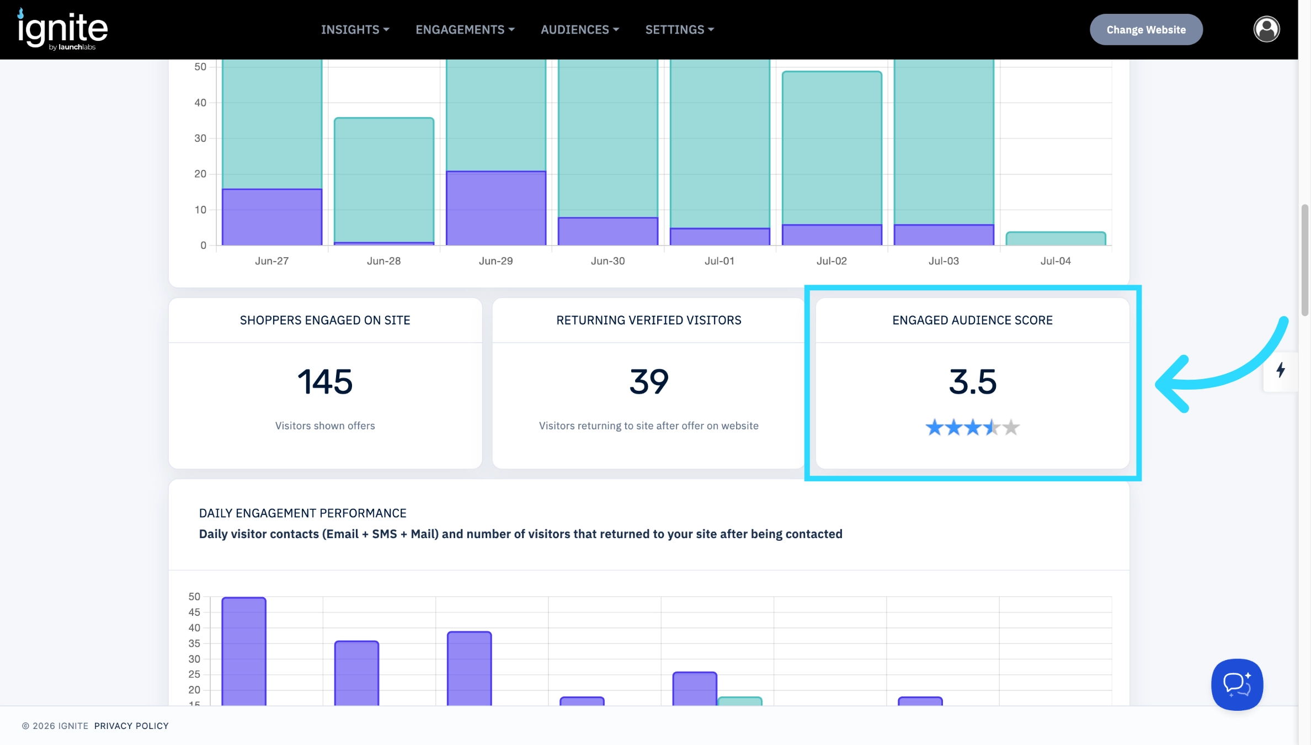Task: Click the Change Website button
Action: point(1146,29)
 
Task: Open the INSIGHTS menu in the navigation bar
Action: point(355,29)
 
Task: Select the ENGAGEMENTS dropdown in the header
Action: point(465,29)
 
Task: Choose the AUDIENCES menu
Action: point(580,29)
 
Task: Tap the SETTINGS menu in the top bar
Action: point(680,29)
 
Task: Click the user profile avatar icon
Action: point(1266,29)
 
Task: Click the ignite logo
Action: point(62,29)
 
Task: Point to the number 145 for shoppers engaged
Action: point(325,381)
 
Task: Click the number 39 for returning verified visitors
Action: point(649,381)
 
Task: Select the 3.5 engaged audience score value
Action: point(973,381)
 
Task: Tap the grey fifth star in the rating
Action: point(1011,427)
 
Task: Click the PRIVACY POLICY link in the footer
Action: point(131,726)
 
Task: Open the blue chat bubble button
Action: point(1237,684)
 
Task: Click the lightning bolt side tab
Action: point(1281,370)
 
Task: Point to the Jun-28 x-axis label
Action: point(384,261)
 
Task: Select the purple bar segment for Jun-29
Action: point(496,208)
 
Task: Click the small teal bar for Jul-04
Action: point(1056,238)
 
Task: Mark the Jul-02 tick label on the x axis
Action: point(832,261)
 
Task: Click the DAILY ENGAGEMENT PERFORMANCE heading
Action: point(302,513)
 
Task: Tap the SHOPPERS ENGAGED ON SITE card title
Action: point(325,320)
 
